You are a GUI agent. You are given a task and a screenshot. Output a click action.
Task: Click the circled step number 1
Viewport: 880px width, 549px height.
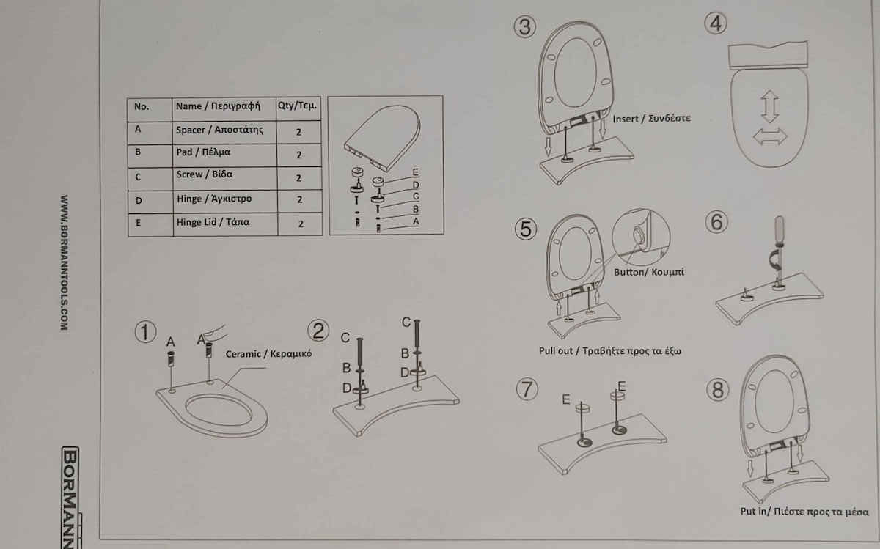[x=145, y=332]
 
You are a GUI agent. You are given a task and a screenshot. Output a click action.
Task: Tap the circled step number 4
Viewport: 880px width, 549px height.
[x=716, y=23]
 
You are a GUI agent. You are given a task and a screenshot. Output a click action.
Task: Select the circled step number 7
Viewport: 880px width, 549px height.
[x=527, y=389]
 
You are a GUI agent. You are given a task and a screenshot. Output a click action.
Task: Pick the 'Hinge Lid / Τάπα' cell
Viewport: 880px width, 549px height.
[x=226, y=224]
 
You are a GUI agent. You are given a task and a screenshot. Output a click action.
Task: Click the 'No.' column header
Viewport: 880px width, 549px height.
[x=150, y=110]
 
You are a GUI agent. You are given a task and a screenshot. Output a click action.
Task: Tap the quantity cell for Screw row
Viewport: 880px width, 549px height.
[x=299, y=178]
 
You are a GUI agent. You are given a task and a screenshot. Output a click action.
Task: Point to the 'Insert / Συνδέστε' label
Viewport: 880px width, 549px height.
[x=651, y=119]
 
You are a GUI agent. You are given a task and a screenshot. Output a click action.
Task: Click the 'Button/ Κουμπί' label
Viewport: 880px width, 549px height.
[x=648, y=272]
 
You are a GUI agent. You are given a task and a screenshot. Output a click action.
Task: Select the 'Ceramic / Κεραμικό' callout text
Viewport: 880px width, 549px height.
[x=268, y=354]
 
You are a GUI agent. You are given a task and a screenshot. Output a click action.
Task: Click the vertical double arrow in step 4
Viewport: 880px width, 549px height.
[x=769, y=106]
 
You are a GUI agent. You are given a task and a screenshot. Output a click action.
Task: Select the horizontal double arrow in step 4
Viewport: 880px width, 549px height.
[x=770, y=136]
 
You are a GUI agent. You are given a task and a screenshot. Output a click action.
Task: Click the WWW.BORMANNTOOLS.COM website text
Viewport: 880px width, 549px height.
[x=64, y=262]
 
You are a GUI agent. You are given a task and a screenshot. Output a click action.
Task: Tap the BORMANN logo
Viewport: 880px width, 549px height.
[x=70, y=497]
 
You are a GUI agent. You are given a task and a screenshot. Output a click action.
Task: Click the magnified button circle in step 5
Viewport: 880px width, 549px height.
[x=641, y=237]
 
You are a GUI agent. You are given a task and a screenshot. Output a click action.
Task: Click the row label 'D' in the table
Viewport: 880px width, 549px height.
[x=139, y=201]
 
